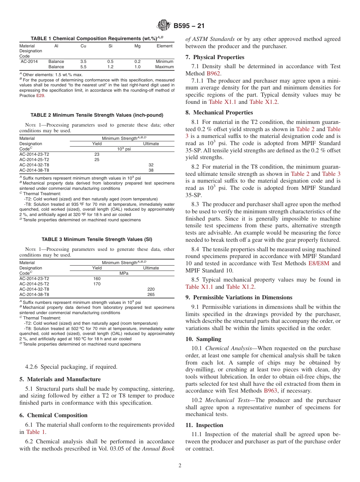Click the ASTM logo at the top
(164, 26)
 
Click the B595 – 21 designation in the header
(189, 26)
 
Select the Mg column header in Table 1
(137, 46)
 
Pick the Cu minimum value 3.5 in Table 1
(83, 61)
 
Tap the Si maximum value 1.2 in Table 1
(110, 67)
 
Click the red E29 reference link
(40, 96)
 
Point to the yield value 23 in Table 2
(97, 154)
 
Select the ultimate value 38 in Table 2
(151, 170)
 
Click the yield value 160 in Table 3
(97, 279)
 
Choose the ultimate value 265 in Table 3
(151, 294)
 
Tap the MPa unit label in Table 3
(124, 273)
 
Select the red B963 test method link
(271, 391)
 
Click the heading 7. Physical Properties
(215, 57)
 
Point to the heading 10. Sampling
(203, 339)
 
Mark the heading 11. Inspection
(204, 425)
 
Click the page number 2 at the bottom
(180, 466)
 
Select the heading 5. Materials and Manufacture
(60, 379)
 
